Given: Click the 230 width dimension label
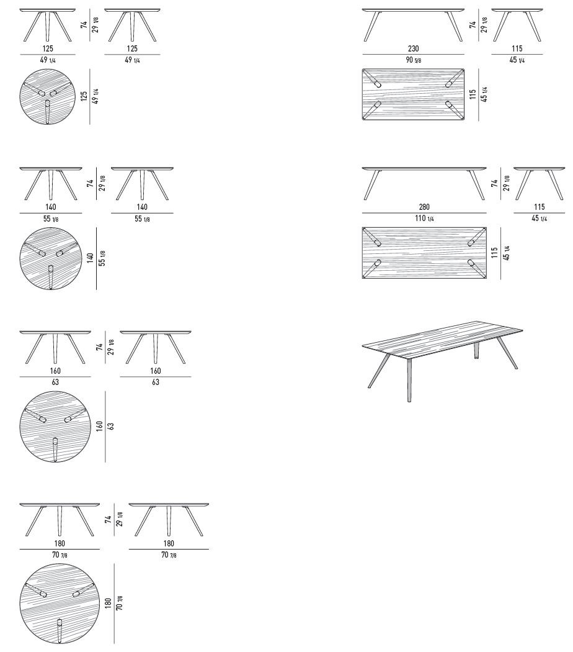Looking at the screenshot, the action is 413,48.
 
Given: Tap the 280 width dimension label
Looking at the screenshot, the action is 424,207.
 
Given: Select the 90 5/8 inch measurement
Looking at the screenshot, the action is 413,60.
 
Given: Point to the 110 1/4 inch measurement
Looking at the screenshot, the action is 424,219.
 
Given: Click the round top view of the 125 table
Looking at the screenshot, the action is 48,96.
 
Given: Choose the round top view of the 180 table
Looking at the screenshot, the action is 60,604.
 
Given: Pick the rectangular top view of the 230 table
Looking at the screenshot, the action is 413,95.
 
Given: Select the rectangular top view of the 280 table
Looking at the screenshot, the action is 424,253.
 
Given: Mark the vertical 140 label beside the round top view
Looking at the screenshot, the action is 91,258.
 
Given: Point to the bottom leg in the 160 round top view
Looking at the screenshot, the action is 55,450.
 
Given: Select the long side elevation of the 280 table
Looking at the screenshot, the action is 424,183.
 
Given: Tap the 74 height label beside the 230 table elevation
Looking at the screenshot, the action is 473,25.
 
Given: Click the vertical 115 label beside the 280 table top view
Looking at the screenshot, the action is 494,253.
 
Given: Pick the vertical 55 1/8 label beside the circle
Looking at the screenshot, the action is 102,258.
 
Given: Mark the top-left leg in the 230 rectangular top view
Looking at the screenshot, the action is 371,78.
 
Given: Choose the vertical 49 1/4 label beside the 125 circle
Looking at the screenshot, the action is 95,96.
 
